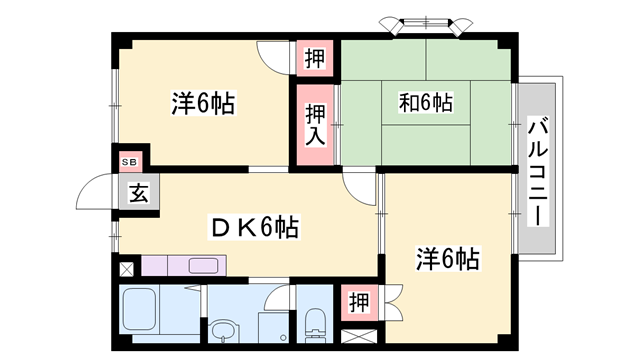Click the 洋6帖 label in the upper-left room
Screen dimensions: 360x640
pyautogui.click(x=202, y=103)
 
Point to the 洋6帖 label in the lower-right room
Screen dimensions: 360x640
pyautogui.click(x=447, y=260)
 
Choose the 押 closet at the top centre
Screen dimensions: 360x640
pyautogui.click(x=312, y=58)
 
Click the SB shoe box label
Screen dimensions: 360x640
pyautogui.click(x=129, y=161)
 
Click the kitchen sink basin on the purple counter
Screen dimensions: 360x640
pyautogui.click(x=204, y=266)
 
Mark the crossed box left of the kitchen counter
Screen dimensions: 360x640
pyautogui.click(x=126, y=268)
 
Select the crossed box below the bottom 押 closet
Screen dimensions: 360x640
pyautogui.click(x=357, y=338)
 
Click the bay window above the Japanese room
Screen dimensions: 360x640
pyautogui.click(x=423, y=22)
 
